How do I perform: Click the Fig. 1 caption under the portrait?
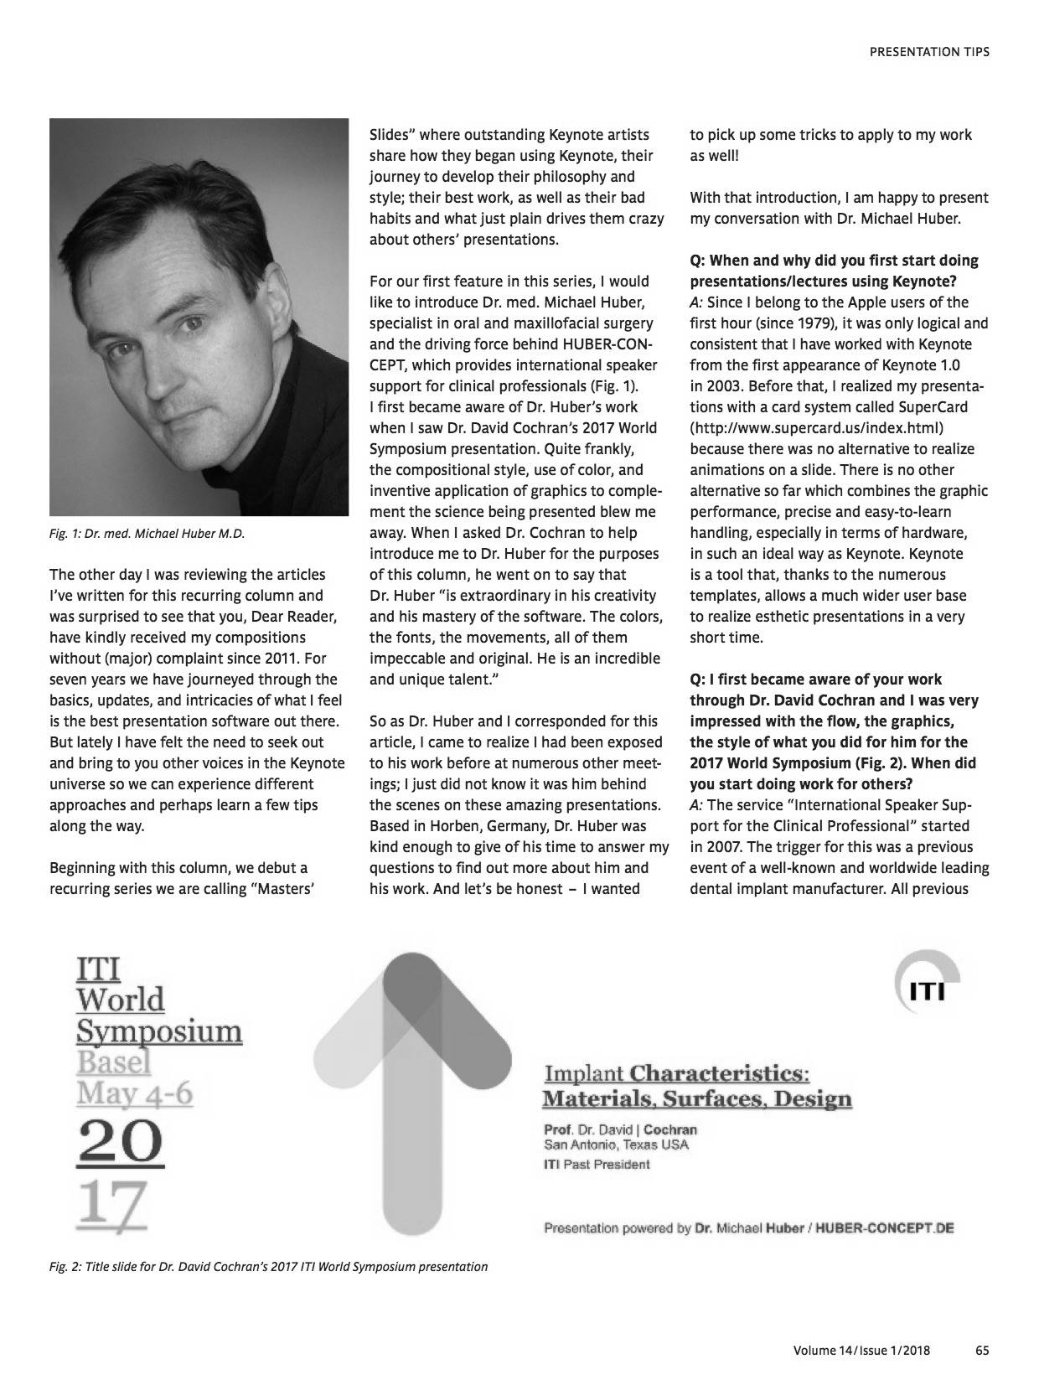click(147, 534)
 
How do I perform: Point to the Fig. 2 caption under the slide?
click(268, 1266)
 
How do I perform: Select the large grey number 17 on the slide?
click(111, 1205)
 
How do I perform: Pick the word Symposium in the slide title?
click(159, 1031)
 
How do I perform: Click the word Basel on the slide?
click(114, 1062)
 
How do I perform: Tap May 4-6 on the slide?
click(134, 1093)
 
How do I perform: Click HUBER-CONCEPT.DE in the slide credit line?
click(885, 1228)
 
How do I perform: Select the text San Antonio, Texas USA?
click(616, 1145)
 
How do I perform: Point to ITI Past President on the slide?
click(597, 1164)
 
